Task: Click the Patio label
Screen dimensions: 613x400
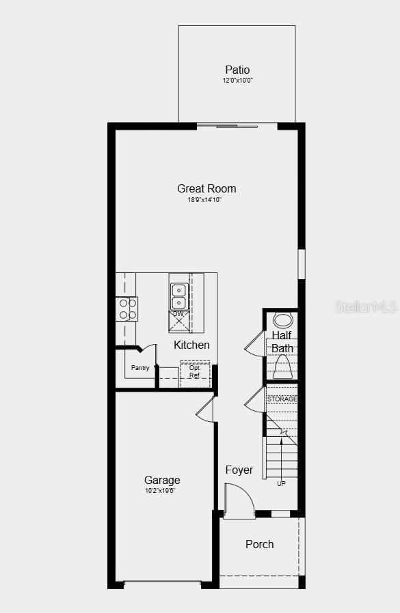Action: [x=237, y=70]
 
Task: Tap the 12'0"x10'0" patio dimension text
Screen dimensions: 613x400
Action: [x=237, y=81]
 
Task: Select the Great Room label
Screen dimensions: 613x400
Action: [x=206, y=188]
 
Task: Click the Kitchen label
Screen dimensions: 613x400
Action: [x=191, y=345]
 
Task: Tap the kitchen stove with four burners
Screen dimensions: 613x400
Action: [x=126, y=309]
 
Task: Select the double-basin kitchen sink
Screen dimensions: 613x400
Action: [x=178, y=296]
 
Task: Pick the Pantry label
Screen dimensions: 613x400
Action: [x=140, y=368]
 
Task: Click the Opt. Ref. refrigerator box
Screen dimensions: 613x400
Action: [x=195, y=373]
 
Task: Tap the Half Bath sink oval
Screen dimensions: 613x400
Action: [x=282, y=320]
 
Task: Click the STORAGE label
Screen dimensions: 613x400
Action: [x=282, y=399]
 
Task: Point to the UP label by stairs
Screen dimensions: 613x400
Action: [x=281, y=483]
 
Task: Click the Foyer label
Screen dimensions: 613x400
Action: [x=239, y=470]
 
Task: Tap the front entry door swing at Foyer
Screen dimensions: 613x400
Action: [x=238, y=501]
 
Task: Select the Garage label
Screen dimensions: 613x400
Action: [x=162, y=480]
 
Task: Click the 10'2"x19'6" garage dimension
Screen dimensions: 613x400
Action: [x=161, y=491]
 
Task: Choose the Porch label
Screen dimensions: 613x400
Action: [x=259, y=544]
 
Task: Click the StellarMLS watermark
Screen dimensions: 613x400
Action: [x=366, y=306]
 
